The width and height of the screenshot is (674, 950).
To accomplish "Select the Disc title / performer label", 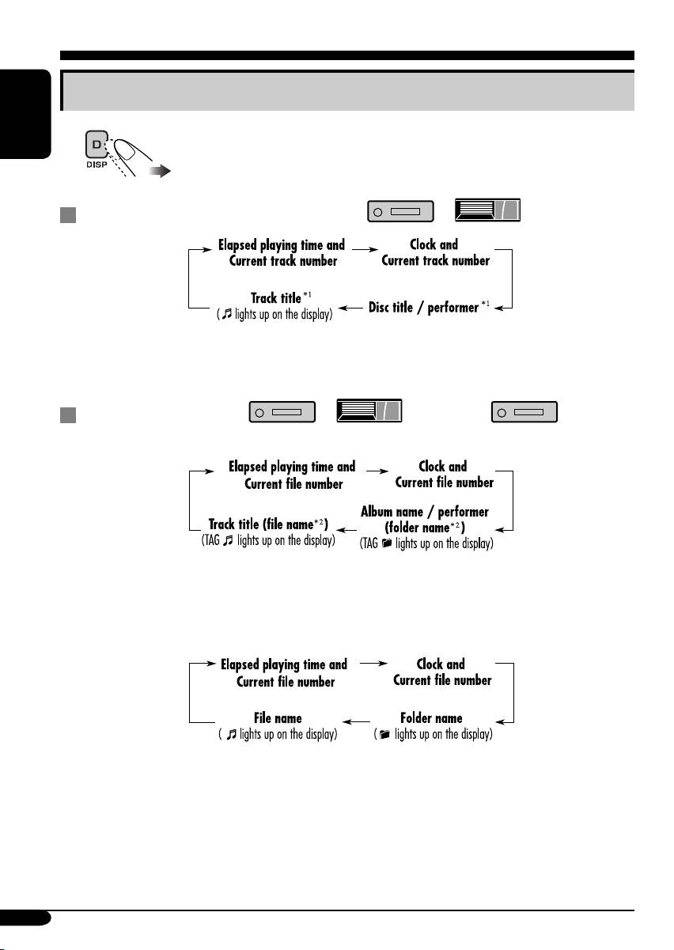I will tap(424, 307).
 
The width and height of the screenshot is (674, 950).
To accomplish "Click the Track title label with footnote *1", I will tap(276, 298).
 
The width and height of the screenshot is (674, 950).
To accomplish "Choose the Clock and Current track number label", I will tap(434, 253).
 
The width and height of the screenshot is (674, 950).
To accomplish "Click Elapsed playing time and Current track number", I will tap(282, 253).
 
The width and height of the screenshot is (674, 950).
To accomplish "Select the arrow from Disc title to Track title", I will tap(350, 307).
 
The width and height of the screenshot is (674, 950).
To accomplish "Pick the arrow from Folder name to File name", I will tap(358, 720).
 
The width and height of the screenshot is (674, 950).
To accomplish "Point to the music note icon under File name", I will tap(231, 735).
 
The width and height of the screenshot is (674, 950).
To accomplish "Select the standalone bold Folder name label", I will tap(431, 718).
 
